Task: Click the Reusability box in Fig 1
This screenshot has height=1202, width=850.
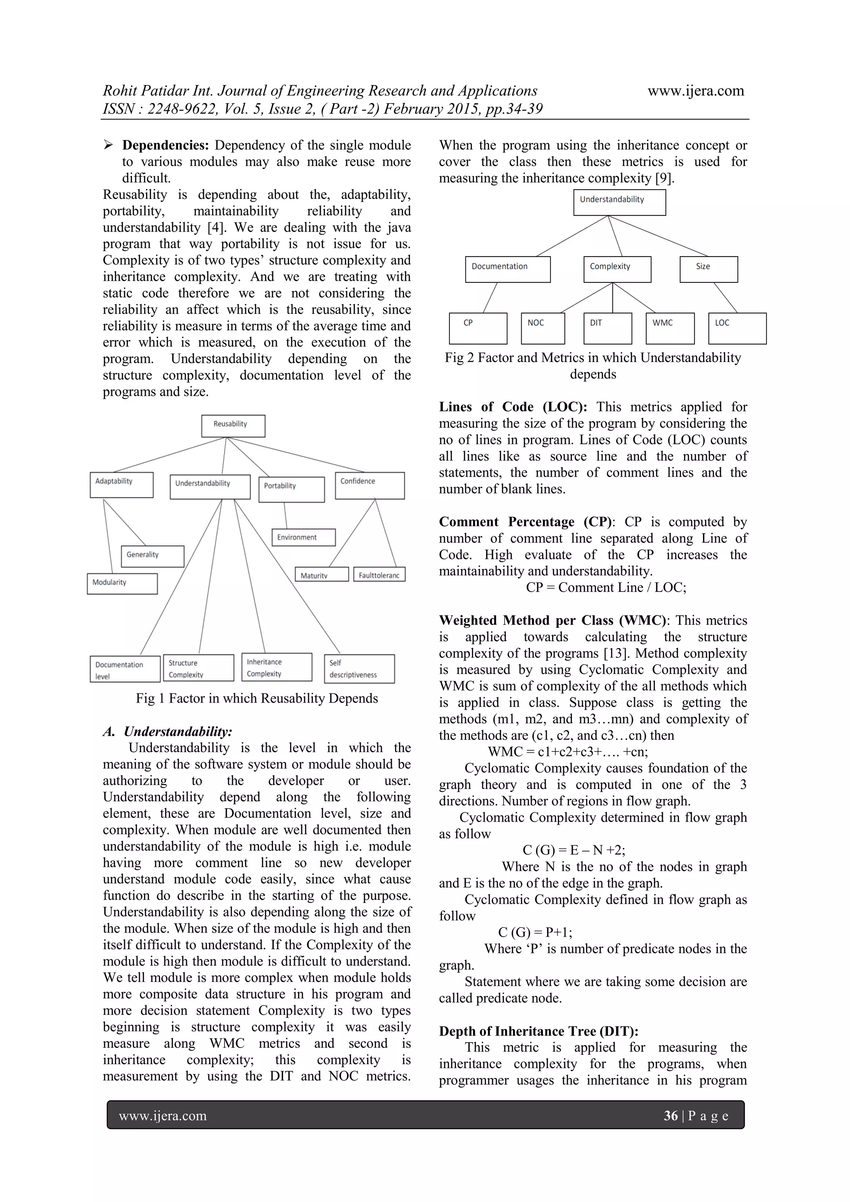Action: pyautogui.click(x=233, y=426)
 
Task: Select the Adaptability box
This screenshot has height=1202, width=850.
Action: pyautogui.click(x=122, y=485)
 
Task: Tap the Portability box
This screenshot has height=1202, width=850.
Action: pyautogui.click(x=291, y=490)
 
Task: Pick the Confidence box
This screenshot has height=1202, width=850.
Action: pyautogui.click(x=369, y=485)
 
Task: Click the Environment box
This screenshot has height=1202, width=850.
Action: pyautogui.click(x=303, y=537)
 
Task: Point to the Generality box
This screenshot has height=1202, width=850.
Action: pyautogui.click(x=152, y=556)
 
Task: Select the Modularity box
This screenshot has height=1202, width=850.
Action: pyautogui.click(x=122, y=584)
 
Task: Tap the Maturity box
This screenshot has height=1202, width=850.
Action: pyautogui.click(x=321, y=574)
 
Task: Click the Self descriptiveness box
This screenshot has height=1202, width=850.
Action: pyautogui.click(x=359, y=668)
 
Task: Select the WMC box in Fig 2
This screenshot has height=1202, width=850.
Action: pyautogui.click(x=669, y=328)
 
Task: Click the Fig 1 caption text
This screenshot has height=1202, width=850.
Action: pyautogui.click(x=256, y=698)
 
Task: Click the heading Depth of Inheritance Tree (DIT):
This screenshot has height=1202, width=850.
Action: pyautogui.click(x=538, y=1031)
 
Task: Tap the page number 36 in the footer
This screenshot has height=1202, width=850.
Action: pyautogui.click(x=670, y=1116)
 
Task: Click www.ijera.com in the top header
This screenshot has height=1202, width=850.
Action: pyautogui.click(x=695, y=91)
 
